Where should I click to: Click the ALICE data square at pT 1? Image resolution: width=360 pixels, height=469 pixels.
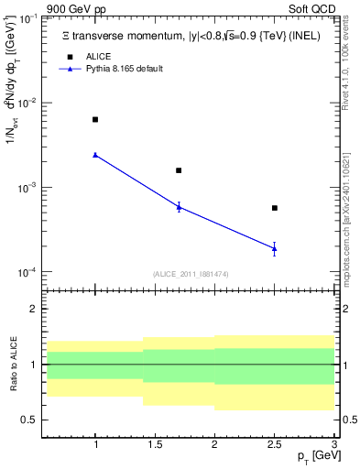point(95,120)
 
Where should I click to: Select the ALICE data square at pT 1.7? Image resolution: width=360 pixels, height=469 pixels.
point(179,170)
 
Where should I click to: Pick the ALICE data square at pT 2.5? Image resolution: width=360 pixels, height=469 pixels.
point(275,208)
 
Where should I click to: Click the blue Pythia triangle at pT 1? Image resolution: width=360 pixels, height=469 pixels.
point(95,155)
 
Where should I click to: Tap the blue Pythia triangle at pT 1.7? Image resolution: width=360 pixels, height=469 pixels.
point(179,207)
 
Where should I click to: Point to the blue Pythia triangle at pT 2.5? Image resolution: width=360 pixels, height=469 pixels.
point(275,248)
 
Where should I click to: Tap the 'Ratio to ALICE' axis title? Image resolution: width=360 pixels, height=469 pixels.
point(13,365)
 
